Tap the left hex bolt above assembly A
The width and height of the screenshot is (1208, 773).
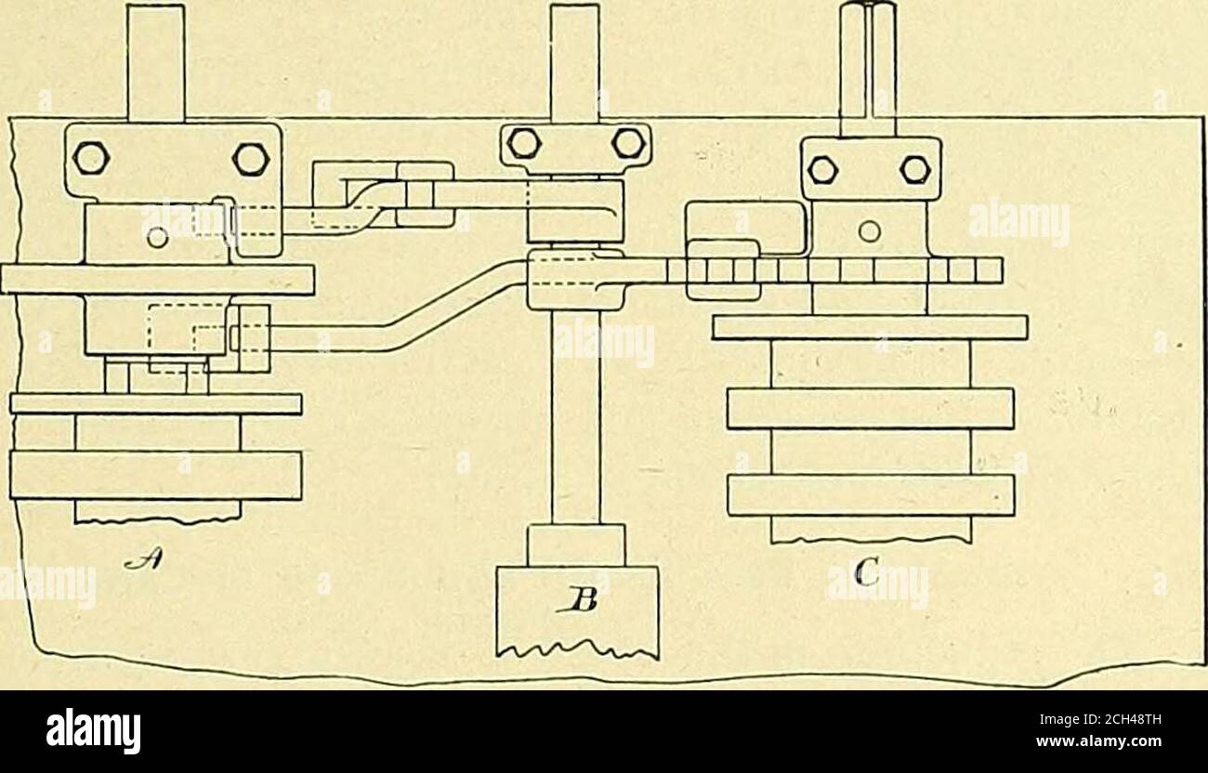coord(91,158)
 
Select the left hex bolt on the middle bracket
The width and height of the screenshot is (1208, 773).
coord(524,143)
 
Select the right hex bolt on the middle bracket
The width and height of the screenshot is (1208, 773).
coord(629,143)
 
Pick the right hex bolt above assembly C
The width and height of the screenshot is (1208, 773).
coord(915,170)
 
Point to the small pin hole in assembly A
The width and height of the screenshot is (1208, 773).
coord(159,238)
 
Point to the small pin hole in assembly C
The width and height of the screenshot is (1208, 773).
coord(869,231)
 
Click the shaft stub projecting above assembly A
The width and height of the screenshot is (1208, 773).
coord(156,62)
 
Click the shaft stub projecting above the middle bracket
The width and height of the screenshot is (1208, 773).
coord(574,63)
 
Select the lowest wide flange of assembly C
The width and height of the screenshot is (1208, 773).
coord(871,495)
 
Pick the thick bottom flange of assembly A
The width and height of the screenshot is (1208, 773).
coord(155,475)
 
